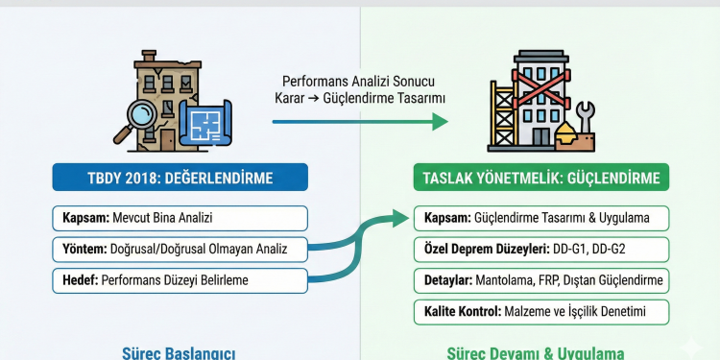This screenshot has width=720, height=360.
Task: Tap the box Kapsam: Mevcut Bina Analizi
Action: coord(181,218)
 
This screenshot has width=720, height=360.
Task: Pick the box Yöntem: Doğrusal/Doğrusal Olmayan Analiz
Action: coord(181,250)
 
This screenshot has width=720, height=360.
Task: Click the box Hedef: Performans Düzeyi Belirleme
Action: coord(181,280)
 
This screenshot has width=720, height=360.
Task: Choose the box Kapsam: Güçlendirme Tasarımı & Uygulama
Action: coord(541,218)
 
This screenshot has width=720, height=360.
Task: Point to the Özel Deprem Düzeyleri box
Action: coord(541,250)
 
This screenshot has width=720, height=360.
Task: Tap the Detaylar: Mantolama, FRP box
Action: coord(541,280)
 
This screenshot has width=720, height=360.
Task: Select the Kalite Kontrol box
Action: coord(541,312)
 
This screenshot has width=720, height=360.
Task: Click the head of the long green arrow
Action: coord(440,122)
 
